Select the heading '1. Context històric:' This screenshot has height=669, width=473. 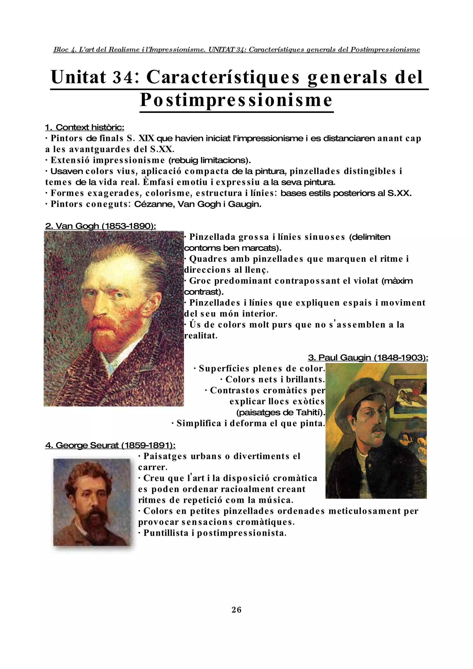85,127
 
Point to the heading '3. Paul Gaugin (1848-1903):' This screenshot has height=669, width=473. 368,358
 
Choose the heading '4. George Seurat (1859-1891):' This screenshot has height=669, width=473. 110,445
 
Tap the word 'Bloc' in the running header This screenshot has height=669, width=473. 61,50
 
